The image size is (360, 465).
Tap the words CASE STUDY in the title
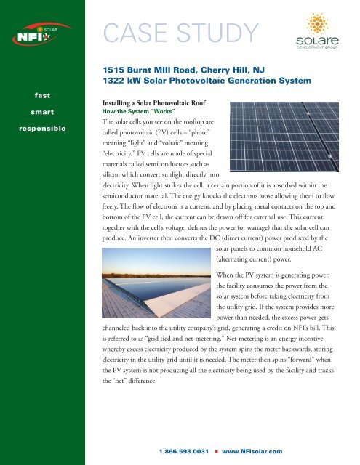(x=183, y=32)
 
